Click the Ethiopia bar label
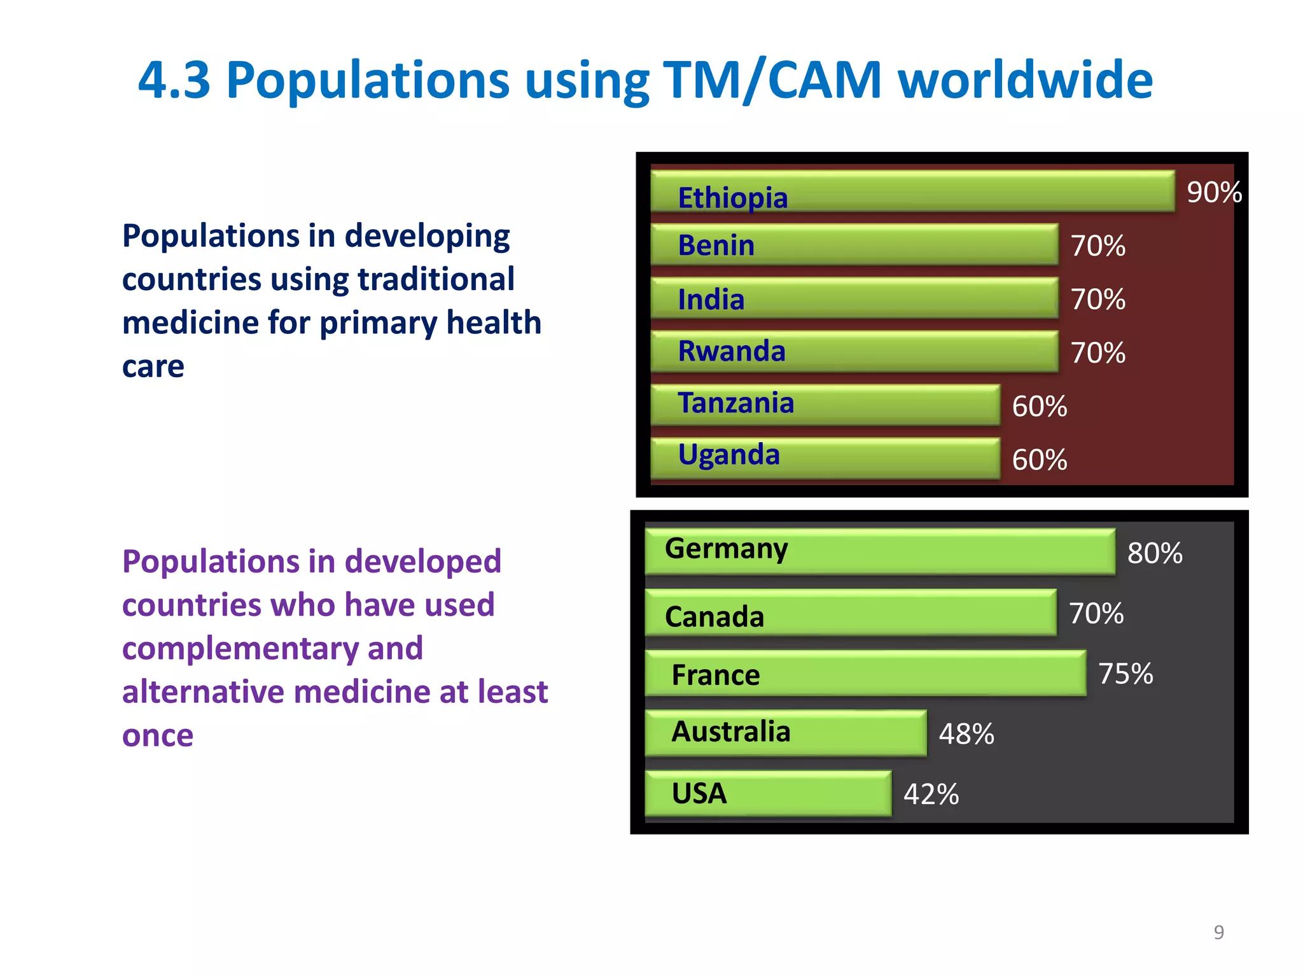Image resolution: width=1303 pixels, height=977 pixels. [x=732, y=198]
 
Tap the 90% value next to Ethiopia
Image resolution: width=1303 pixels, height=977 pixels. [x=1214, y=192]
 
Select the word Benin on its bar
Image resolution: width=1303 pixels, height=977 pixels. [x=716, y=246]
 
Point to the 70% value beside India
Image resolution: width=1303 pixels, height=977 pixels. [x=1097, y=300]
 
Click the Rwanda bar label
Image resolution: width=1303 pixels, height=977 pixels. [x=732, y=351]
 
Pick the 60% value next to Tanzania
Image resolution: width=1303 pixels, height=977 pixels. [x=1039, y=406]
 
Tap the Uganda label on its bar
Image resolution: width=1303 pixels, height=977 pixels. [x=728, y=455]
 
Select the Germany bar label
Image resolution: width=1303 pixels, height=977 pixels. [x=726, y=549]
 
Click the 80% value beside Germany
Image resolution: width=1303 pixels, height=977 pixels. [x=1154, y=553]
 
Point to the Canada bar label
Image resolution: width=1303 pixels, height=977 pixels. [x=714, y=617]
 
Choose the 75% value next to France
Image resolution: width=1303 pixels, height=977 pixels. [x=1125, y=674]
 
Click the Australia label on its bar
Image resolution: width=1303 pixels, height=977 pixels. [x=730, y=731]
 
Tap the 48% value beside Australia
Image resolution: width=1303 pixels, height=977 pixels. [x=966, y=734]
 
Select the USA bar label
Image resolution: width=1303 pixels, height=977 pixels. [x=699, y=794]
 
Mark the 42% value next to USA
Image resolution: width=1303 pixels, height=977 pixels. [x=931, y=794]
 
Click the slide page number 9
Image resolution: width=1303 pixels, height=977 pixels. [x=1218, y=932]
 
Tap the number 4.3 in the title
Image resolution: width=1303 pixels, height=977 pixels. [x=174, y=80]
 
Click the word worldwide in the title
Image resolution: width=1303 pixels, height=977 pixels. [x=1025, y=80]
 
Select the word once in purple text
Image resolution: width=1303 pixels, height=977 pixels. [x=158, y=736]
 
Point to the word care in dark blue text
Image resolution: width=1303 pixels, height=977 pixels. [x=153, y=367]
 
